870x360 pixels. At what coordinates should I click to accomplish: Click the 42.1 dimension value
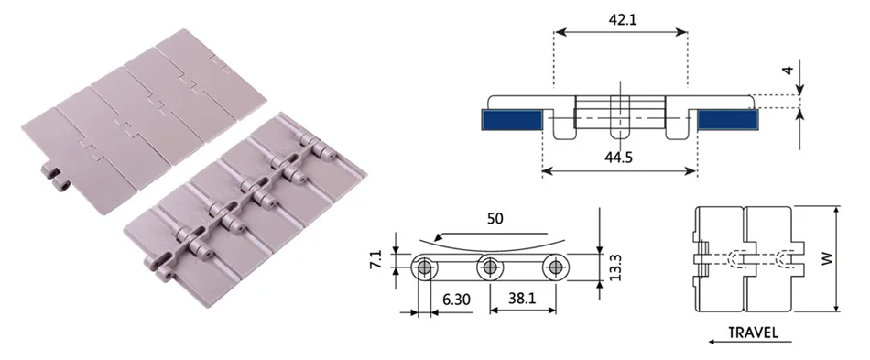(623, 20)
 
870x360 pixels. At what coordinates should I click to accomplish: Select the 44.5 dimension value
(619, 157)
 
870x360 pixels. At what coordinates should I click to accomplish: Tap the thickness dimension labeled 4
(788, 71)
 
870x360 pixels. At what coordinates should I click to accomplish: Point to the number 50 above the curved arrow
(495, 219)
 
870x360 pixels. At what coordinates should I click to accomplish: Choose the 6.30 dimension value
(456, 300)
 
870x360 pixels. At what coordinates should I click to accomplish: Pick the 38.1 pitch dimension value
(522, 299)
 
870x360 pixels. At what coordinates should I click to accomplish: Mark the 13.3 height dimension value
(614, 267)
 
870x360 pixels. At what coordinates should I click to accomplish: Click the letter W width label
(828, 259)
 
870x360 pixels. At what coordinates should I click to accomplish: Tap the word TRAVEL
(753, 333)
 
